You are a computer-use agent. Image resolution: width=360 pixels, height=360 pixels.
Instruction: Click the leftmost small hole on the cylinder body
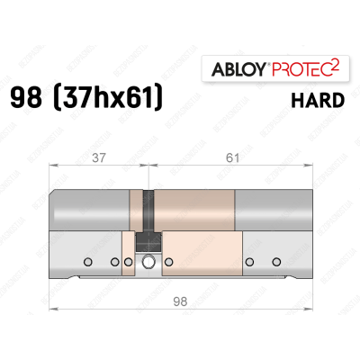point(86,263)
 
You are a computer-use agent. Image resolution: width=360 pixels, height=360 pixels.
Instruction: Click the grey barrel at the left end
point(90,211)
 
